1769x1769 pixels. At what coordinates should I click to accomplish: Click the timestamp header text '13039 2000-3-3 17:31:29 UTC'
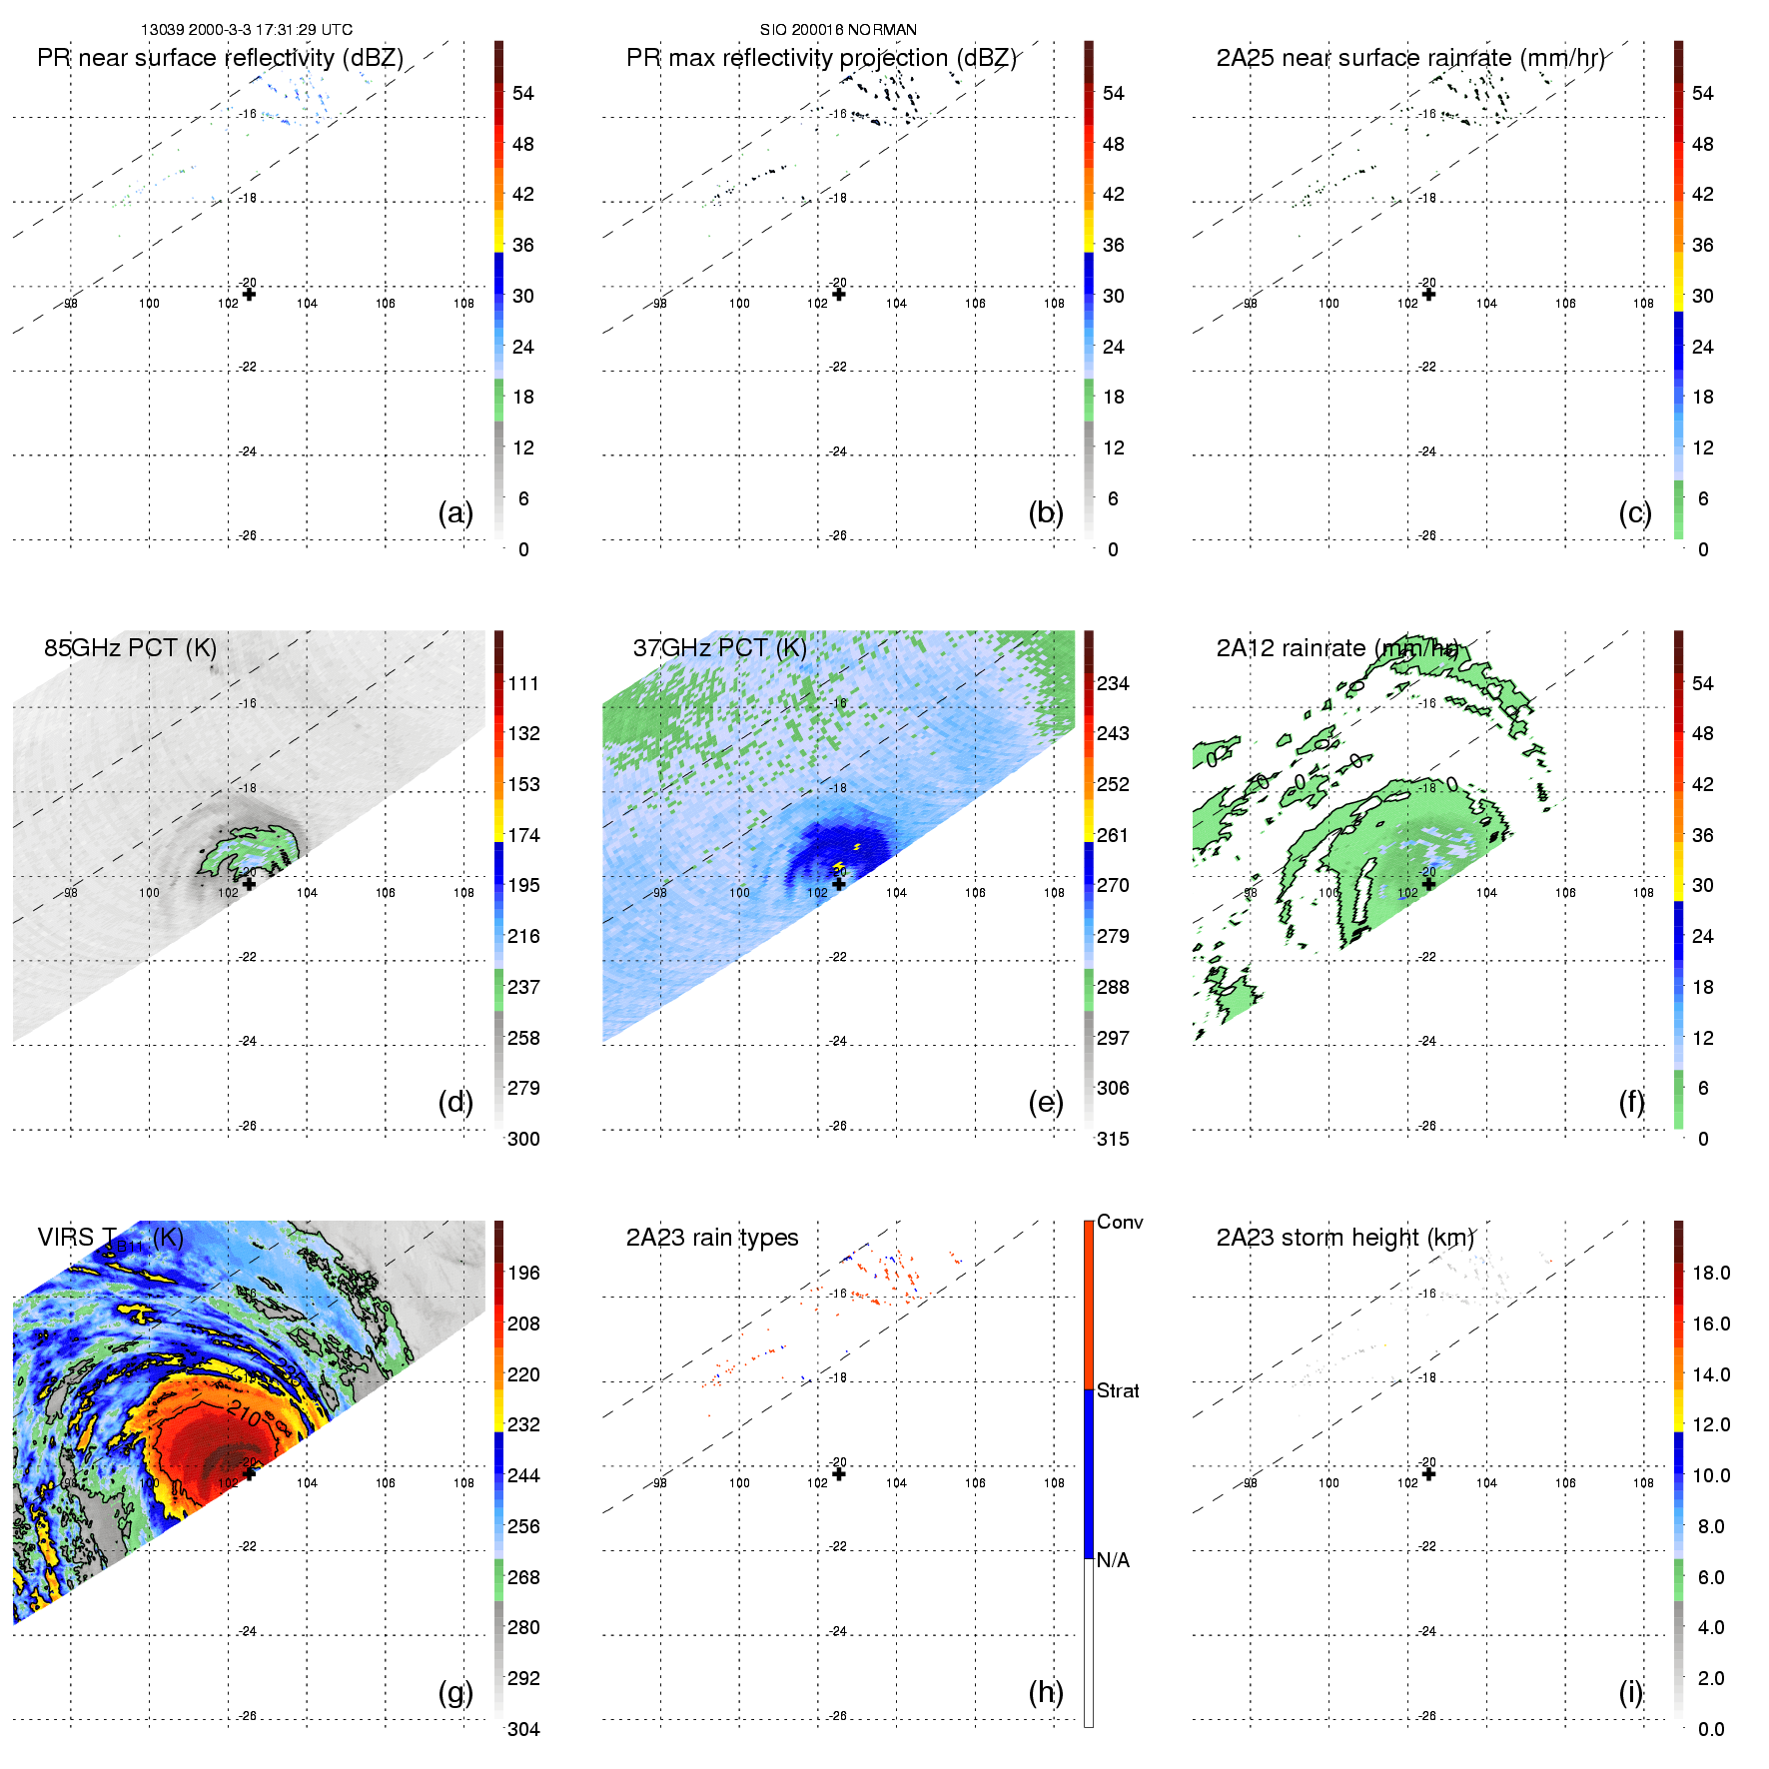pyautogui.click(x=247, y=30)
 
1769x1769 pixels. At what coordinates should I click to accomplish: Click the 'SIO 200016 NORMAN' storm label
pyautogui.click(x=838, y=30)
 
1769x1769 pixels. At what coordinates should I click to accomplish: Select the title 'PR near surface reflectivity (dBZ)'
pyautogui.click(x=220, y=58)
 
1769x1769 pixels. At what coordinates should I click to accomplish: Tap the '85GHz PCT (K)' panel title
pyautogui.click(x=130, y=647)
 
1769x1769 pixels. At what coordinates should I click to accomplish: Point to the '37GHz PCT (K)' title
pyautogui.click(x=719, y=647)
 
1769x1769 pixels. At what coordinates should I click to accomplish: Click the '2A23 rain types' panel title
pyautogui.click(x=712, y=1238)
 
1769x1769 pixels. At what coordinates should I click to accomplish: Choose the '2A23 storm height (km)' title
pyautogui.click(x=1344, y=1238)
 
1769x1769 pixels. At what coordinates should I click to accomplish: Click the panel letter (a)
pyautogui.click(x=455, y=512)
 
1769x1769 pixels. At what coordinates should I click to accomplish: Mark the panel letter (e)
pyautogui.click(x=1046, y=1102)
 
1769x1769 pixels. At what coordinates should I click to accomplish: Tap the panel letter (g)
pyautogui.click(x=455, y=1692)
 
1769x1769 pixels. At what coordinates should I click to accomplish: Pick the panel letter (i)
pyautogui.click(x=1631, y=1692)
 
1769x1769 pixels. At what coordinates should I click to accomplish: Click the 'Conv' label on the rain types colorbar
pyautogui.click(x=1120, y=1222)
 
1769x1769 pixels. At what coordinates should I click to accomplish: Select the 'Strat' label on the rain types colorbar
pyautogui.click(x=1118, y=1390)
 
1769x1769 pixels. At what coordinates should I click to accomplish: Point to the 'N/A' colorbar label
pyautogui.click(x=1113, y=1560)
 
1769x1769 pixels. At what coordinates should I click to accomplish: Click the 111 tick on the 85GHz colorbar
pyautogui.click(x=523, y=683)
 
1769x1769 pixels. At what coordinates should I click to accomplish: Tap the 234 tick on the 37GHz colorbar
pyautogui.click(x=1113, y=683)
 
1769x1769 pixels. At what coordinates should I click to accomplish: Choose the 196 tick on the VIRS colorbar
pyautogui.click(x=523, y=1273)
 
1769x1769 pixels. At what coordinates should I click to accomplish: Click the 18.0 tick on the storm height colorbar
pyautogui.click(x=1711, y=1273)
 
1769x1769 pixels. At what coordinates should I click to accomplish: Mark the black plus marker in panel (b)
pyautogui.click(x=839, y=294)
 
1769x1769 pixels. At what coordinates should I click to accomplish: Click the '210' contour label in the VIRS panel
pyautogui.click(x=245, y=1414)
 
